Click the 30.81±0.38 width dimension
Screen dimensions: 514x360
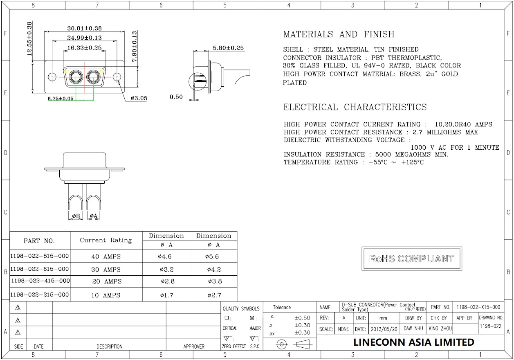(x=84, y=28)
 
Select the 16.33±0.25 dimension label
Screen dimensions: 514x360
(x=84, y=48)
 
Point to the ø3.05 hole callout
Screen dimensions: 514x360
(x=139, y=98)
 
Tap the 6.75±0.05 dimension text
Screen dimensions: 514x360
(x=61, y=99)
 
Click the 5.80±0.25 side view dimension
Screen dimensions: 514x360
(x=228, y=48)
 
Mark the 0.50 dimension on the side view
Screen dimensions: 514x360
(x=176, y=97)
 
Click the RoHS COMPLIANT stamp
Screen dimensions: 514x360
(x=412, y=259)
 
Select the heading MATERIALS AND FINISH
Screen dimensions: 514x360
(x=339, y=34)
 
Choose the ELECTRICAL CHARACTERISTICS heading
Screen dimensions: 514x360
(x=355, y=107)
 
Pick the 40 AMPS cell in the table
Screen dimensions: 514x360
(x=106, y=256)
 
